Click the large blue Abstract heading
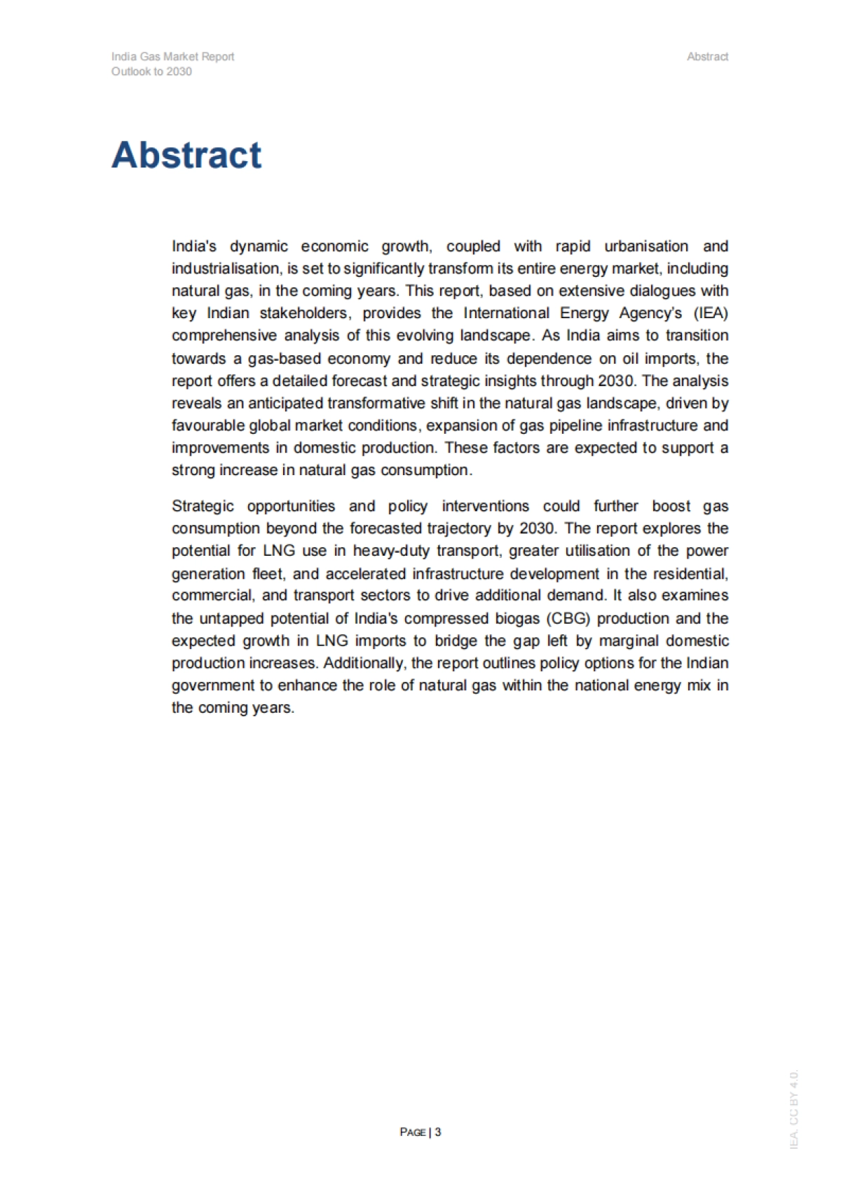(186, 155)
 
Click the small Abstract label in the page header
(707, 57)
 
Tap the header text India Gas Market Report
(172, 57)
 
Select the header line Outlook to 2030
(151, 71)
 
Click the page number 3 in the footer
(438, 1132)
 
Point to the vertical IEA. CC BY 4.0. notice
(793, 1109)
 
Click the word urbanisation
(641, 247)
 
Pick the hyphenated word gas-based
(285, 359)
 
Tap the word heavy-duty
(391, 551)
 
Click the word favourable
(208, 426)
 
